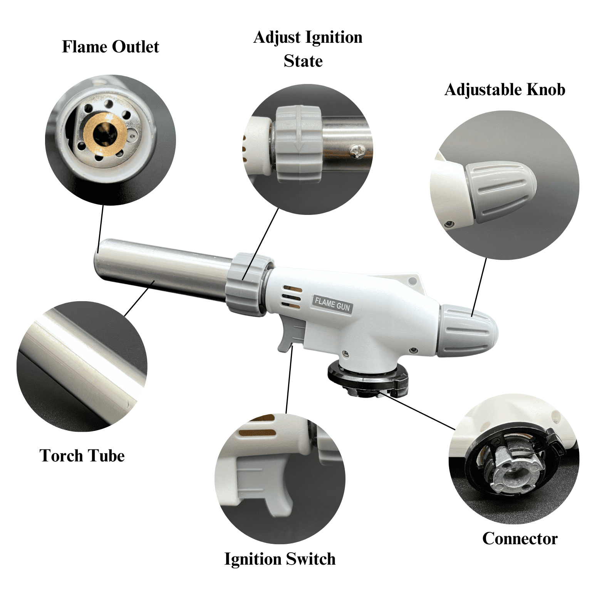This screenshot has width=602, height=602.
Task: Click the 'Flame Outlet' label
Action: [x=111, y=47]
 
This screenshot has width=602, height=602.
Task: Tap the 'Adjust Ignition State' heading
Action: [x=307, y=49]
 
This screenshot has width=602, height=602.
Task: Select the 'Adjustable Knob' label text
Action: [x=505, y=90]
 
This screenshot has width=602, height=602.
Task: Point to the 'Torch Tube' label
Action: [x=82, y=456]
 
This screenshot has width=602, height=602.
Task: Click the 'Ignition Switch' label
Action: [x=280, y=559]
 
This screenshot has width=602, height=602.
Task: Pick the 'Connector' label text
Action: [x=520, y=538]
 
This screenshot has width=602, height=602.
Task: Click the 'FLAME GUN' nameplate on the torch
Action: [x=332, y=304]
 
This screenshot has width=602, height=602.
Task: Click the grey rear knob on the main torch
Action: [x=468, y=330]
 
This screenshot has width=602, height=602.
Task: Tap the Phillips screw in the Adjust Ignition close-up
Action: [x=358, y=151]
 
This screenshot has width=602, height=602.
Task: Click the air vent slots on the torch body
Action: [x=291, y=297]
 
